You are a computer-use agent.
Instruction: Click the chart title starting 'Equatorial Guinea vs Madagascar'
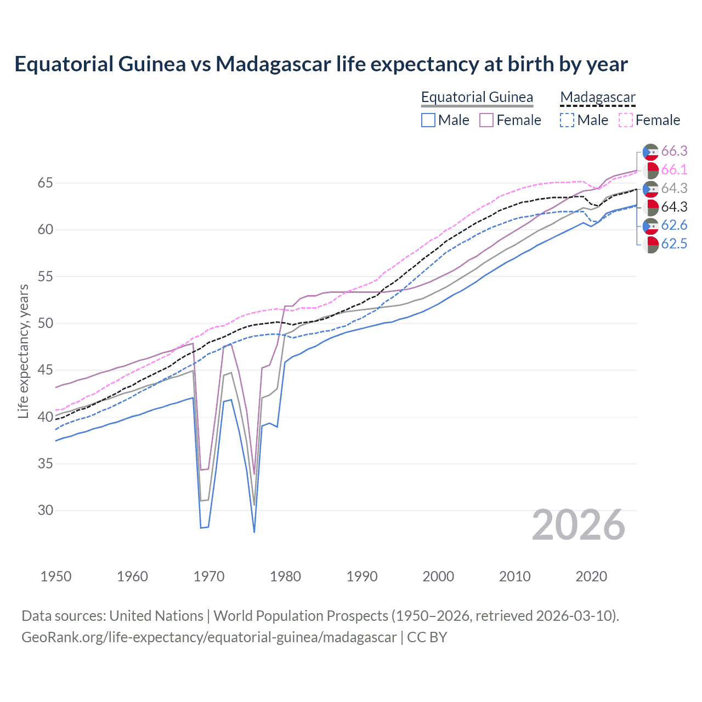tap(321, 64)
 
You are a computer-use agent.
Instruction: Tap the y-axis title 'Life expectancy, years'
tap(23, 351)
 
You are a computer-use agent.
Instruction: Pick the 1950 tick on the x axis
tap(56, 576)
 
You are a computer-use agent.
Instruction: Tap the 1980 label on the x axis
tap(285, 576)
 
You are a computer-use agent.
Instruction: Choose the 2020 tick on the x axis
tap(591, 576)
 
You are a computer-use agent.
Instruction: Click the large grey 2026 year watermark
tap(578, 525)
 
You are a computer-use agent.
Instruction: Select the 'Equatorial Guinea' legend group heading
tap(477, 97)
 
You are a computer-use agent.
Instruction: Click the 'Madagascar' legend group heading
tap(597, 97)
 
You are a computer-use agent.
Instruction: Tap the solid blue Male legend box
tap(428, 120)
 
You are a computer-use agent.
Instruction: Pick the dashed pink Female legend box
tap(626, 120)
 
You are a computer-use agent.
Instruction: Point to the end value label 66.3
tap(674, 151)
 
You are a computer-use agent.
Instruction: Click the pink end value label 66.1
tap(674, 170)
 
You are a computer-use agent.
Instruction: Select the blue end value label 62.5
tap(674, 244)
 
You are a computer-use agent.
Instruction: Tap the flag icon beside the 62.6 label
tap(650, 225)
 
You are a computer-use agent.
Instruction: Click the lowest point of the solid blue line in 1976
tap(254, 532)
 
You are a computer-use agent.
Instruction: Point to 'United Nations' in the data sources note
tap(156, 616)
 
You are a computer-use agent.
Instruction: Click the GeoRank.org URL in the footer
tap(209, 637)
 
